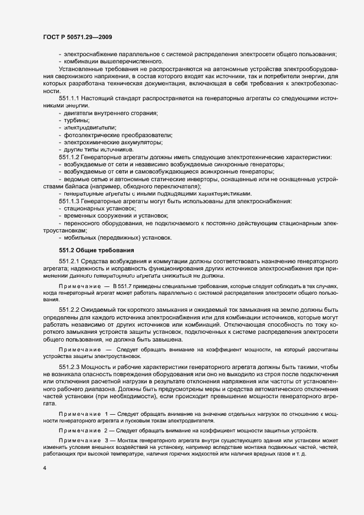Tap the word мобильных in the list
(x=80, y=238)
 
